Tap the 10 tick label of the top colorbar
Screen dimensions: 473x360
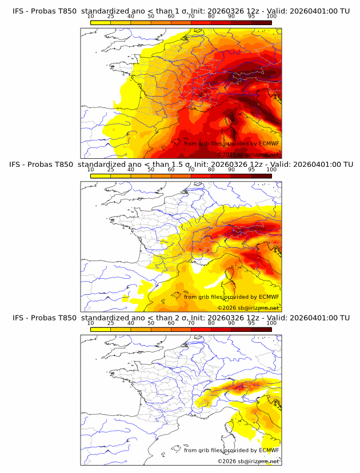pos(90,17)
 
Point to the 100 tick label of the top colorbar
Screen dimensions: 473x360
pos(271,17)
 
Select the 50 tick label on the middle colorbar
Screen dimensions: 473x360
pos(151,170)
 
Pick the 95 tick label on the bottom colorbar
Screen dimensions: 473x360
pos(251,323)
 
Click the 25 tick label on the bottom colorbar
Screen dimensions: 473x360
pos(110,323)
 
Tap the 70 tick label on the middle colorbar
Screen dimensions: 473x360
pos(191,170)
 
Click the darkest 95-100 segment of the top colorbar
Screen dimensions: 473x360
pos(261,22)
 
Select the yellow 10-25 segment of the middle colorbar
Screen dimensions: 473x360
pos(101,175)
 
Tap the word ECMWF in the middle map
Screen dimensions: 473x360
pos(269,296)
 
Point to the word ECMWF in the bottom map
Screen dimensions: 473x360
pos(269,450)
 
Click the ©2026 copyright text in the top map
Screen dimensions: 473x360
pos(227,154)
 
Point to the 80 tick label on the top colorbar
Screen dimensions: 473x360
pos(211,17)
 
